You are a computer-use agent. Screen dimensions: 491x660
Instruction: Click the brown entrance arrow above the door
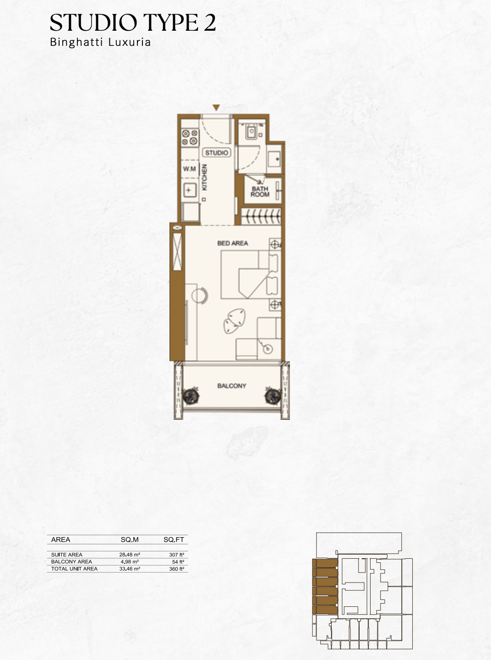tap(216, 107)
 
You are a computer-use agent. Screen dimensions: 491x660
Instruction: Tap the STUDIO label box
tap(217, 153)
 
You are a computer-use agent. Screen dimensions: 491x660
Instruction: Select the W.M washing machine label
tap(190, 169)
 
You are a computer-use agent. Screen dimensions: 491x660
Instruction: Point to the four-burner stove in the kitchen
tap(190, 137)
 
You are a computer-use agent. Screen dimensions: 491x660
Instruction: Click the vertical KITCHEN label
tap(205, 177)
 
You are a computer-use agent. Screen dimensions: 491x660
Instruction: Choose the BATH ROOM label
tap(260, 192)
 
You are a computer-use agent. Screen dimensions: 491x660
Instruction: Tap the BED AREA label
tap(233, 243)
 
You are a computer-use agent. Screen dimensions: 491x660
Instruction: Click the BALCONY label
tap(232, 386)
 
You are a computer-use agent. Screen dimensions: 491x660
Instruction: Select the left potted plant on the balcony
tap(191, 396)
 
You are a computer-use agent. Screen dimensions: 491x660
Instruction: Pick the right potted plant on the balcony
tap(273, 396)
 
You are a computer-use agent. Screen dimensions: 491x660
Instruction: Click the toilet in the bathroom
tap(252, 131)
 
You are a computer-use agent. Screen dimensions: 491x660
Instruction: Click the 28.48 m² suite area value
tap(130, 555)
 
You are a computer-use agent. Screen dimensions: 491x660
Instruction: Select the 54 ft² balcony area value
tap(178, 561)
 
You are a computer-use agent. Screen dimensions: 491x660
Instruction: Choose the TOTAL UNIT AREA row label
tap(74, 569)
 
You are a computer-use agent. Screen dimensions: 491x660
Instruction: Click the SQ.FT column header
tap(174, 539)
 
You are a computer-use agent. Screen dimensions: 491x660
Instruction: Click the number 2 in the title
tap(210, 22)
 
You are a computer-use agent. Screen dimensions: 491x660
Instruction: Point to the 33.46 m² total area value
tap(130, 569)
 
